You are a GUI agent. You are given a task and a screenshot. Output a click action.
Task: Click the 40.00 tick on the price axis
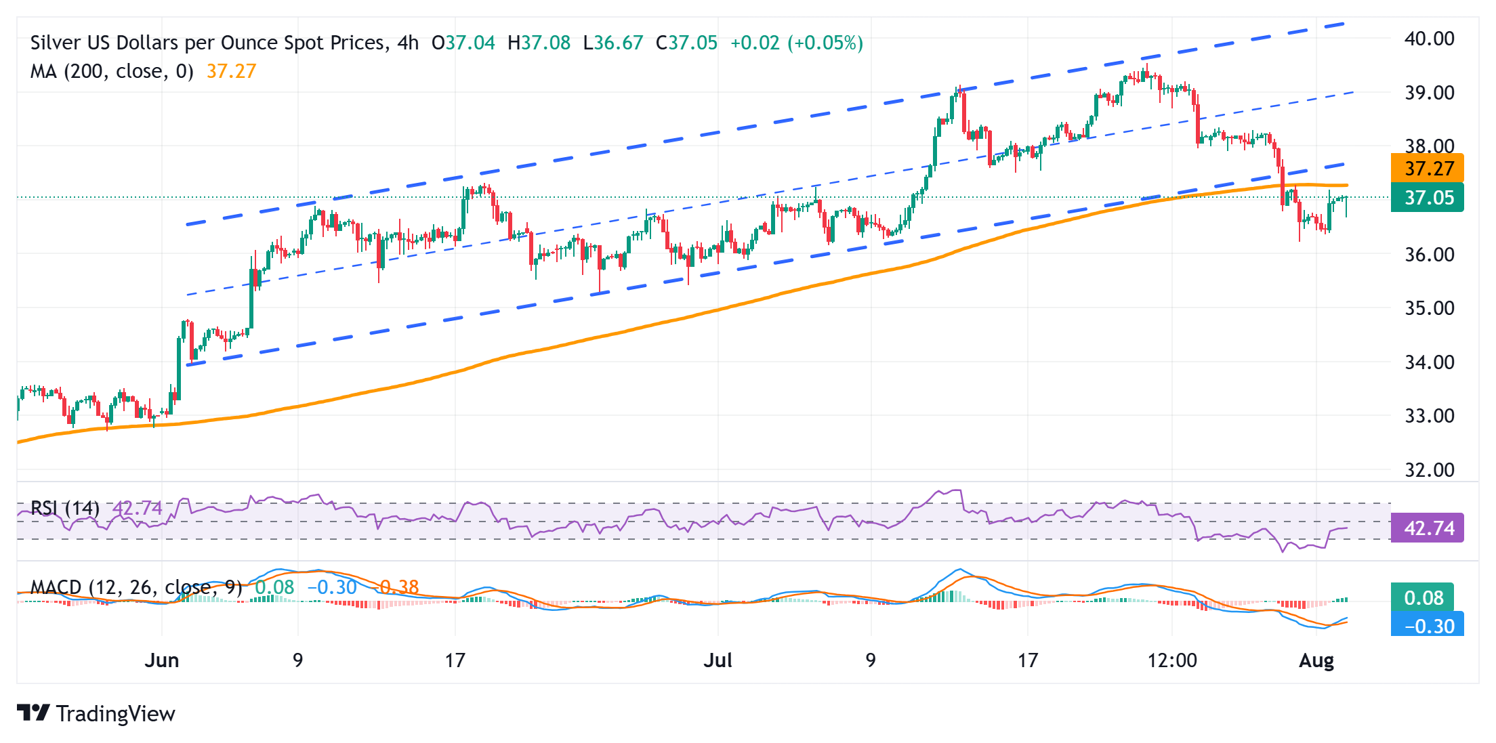(1429, 39)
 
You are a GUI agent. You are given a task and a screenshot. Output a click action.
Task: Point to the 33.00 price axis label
(1429, 416)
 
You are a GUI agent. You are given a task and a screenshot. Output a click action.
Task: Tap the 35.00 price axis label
(1429, 308)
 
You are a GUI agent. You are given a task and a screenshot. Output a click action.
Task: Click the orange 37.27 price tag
(1427, 168)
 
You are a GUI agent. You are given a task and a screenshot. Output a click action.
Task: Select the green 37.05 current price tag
(1427, 198)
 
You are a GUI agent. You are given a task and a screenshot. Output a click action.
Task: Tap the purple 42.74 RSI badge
(1427, 528)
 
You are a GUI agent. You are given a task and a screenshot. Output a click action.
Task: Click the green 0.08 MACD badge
(1423, 597)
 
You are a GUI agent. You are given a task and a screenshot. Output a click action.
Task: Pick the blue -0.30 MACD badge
(1427, 626)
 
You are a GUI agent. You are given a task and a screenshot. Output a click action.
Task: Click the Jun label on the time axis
(162, 660)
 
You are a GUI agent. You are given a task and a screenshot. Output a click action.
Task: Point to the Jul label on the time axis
(718, 660)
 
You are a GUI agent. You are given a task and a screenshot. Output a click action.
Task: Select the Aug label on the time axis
(1316, 660)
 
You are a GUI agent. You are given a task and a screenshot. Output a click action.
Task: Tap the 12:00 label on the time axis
(1172, 660)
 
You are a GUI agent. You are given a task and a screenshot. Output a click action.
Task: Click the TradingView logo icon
(33, 713)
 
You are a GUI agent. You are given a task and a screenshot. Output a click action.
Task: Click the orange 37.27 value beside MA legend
(231, 71)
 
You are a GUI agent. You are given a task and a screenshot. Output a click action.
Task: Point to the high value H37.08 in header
(539, 43)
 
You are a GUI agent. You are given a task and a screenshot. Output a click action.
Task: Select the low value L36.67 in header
(612, 43)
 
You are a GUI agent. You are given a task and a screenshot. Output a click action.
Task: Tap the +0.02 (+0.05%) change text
(796, 43)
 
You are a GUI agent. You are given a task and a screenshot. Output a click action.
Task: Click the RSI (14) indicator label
(65, 508)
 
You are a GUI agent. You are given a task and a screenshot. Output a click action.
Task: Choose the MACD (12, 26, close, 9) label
(136, 587)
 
